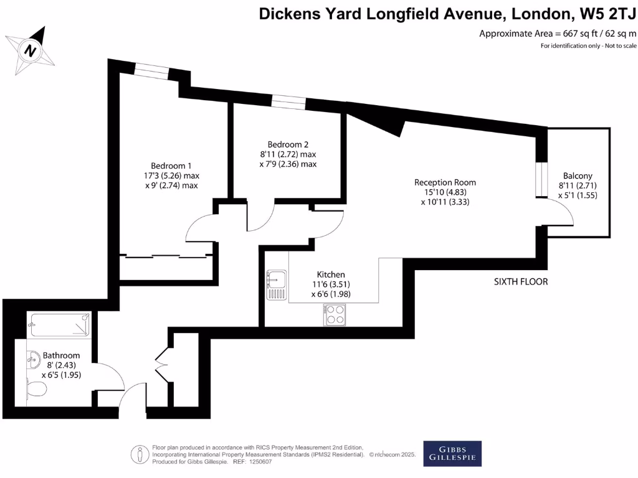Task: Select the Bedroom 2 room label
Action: point(288,143)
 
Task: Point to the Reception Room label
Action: point(445,182)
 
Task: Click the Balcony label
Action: point(578,176)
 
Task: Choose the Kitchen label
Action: point(331,274)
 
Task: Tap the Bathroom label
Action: point(61,355)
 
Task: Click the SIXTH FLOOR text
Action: point(521,282)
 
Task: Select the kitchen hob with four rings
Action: point(335,315)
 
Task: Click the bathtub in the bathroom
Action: point(60,324)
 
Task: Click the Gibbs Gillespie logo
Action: point(452,453)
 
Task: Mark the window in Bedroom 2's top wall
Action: point(288,102)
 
